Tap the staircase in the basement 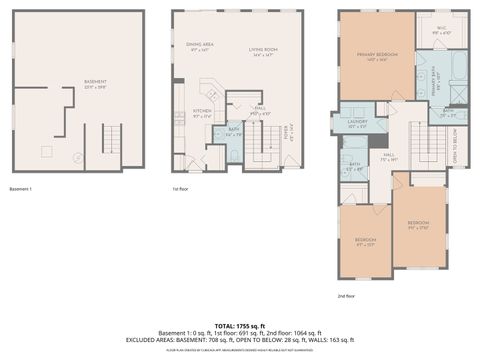[x=111, y=139]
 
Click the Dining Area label [x=201, y=46]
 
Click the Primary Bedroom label [x=377, y=57]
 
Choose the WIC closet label [x=442, y=30]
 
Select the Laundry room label [x=357, y=124]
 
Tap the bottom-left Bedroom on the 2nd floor [x=364, y=241]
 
